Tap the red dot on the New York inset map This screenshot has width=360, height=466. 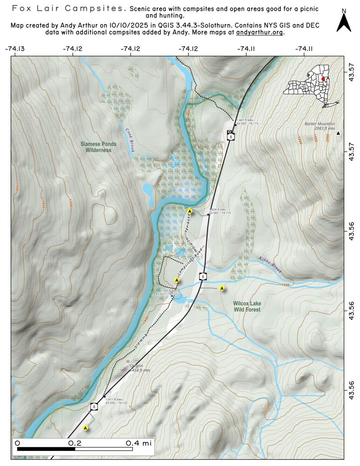pyautogui.click(x=323, y=79)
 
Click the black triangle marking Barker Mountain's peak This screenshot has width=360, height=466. pyautogui.click(x=338, y=133)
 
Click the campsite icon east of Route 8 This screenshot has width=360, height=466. pyautogui.click(x=222, y=288)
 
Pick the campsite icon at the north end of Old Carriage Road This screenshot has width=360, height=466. pyautogui.click(x=190, y=211)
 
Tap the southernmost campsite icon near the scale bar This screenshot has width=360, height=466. pyautogui.click(x=85, y=428)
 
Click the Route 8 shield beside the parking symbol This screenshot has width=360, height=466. pyautogui.click(x=231, y=137)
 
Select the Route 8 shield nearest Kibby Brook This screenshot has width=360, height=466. pyautogui.click(x=203, y=276)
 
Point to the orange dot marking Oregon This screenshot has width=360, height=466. pyautogui.click(x=128, y=362)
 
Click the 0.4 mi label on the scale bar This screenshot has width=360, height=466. pyautogui.click(x=139, y=443)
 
